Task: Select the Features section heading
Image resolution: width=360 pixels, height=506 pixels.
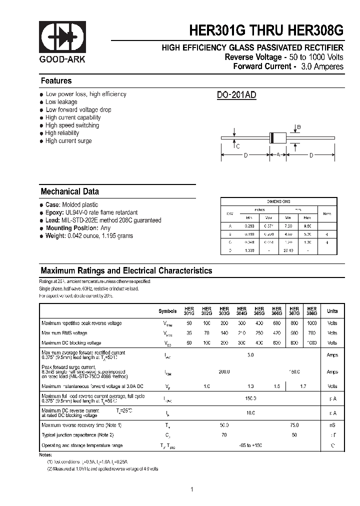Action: (x=56, y=81)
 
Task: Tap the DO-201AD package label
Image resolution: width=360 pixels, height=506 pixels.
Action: (x=236, y=95)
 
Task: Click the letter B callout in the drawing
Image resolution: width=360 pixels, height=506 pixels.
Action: (x=299, y=128)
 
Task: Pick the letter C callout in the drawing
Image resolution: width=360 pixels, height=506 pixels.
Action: (x=238, y=146)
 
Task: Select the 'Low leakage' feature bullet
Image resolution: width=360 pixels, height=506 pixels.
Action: (x=61, y=102)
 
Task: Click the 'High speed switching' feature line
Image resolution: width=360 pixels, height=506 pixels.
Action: (x=72, y=125)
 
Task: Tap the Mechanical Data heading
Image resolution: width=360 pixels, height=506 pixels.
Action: (x=69, y=191)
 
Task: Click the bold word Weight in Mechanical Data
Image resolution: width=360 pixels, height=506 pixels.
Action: (x=55, y=236)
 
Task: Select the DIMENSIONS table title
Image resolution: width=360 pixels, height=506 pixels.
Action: (x=278, y=201)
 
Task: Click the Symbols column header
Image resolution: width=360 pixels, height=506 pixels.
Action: (x=167, y=311)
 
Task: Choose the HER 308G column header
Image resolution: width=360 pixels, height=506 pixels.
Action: (x=311, y=311)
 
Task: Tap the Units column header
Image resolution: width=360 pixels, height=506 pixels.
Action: (x=332, y=311)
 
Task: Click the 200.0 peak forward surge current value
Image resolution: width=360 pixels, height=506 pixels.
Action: (x=224, y=371)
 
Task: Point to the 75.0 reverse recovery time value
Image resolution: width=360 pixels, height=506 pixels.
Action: (x=294, y=425)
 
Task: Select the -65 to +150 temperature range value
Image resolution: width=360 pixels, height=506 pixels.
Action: (x=250, y=445)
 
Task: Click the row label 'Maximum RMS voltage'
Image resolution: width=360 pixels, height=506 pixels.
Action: (x=64, y=333)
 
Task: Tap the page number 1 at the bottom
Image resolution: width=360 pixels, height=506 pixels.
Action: (x=191, y=489)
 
